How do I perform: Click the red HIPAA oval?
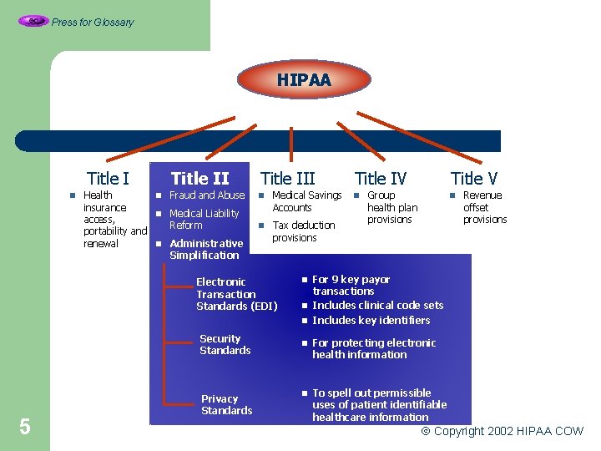pyautogui.click(x=304, y=80)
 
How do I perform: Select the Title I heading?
pyautogui.click(x=108, y=178)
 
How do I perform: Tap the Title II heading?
pyautogui.click(x=199, y=178)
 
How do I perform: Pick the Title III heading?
pyautogui.click(x=288, y=178)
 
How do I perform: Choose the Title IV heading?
pyautogui.click(x=381, y=178)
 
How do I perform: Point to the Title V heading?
pyautogui.click(x=474, y=178)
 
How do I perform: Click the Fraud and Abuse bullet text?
pyautogui.click(x=207, y=195)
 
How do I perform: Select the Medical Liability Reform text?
pyautogui.click(x=204, y=219)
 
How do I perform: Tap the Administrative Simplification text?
pyautogui.click(x=205, y=249)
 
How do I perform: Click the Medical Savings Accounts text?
pyautogui.click(x=306, y=201)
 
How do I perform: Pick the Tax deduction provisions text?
pyautogui.click(x=303, y=231)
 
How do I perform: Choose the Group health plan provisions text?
pyautogui.click(x=391, y=207)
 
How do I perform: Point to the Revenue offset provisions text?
pyautogui.click(x=485, y=207)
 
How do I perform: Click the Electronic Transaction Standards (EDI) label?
pyautogui.click(x=225, y=294)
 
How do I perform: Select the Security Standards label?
pyautogui.click(x=225, y=344)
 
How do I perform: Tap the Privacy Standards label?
pyautogui.click(x=226, y=404)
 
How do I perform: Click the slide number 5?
pyautogui.click(x=25, y=428)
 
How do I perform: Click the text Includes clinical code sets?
pyautogui.click(x=377, y=306)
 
